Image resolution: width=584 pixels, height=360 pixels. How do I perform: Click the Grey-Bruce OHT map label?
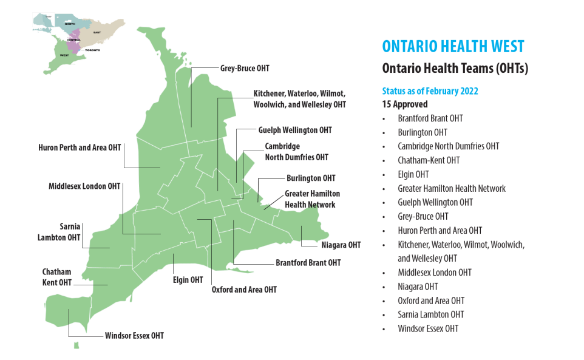tap(244, 69)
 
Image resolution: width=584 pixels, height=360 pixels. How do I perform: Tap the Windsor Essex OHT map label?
tap(134, 336)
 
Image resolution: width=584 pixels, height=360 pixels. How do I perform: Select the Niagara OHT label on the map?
tap(341, 245)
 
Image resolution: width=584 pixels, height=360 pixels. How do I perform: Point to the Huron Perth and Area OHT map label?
tap(79, 148)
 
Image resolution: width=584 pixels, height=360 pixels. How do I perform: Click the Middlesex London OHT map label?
tap(84, 186)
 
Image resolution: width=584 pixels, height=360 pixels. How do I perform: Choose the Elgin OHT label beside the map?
tap(188, 280)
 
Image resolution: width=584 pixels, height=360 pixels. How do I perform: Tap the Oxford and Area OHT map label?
tap(243, 290)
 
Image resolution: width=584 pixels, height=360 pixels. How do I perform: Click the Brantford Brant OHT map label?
tap(308, 263)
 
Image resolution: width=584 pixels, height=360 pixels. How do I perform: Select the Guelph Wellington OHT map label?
tap(295, 130)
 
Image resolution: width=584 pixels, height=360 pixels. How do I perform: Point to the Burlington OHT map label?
tap(311, 178)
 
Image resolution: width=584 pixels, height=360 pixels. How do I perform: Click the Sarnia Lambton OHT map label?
tap(59, 232)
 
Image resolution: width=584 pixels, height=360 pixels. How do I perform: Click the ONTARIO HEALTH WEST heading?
tap(453, 47)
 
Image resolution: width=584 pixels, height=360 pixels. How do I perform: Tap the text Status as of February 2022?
tap(430, 91)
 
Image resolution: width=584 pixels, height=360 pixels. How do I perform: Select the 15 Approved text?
tap(404, 104)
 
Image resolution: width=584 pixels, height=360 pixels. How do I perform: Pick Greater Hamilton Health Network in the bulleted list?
tap(451, 189)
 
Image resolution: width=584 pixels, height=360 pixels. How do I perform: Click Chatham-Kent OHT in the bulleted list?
tap(429, 160)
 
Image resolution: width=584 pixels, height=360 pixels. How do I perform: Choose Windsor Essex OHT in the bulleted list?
tap(428, 328)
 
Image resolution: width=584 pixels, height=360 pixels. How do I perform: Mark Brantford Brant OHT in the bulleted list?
tap(430, 118)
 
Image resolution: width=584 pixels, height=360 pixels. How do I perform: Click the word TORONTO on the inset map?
tap(92, 49)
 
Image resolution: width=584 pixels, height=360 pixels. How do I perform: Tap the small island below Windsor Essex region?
tap(76, 345)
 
